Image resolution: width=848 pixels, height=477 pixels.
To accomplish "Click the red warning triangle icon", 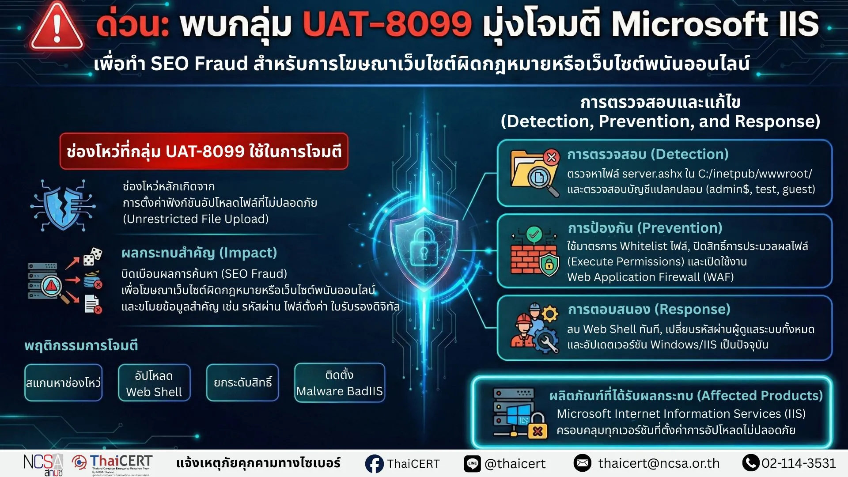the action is [57, 26].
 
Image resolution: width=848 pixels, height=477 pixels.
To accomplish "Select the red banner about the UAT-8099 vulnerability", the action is [204, 151].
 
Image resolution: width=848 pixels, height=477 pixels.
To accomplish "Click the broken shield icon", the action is [63, 205].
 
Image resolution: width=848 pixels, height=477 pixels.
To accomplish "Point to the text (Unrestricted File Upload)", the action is [196, 219].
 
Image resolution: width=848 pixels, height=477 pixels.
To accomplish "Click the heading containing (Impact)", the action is [199, 253].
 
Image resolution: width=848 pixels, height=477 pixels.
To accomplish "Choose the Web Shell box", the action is [154, 382].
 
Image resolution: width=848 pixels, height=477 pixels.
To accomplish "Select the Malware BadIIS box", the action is [340, 382].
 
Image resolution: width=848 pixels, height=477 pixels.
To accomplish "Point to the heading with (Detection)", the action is [648, 154].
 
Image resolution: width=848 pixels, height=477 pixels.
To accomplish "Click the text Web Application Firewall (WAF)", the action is [650, 277].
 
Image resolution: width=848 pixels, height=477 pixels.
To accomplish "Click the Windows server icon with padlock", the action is [520, 413].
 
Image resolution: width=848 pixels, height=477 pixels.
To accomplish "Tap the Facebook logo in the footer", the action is [375, 464].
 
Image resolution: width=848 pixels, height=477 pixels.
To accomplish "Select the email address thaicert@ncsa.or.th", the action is [659, 463].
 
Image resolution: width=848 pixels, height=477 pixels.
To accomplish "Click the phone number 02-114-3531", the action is [799, 463].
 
